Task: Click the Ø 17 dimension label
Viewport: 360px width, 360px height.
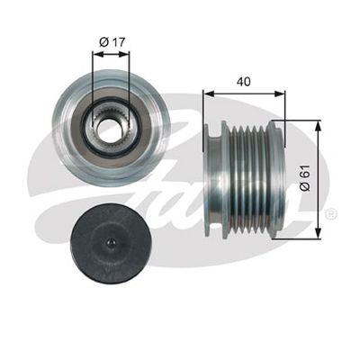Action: (111, 40)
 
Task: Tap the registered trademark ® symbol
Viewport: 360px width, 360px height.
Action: (330, 214)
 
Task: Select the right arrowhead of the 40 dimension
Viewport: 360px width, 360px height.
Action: (280, 92)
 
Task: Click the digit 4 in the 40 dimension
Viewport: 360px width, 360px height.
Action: (238, 79)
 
